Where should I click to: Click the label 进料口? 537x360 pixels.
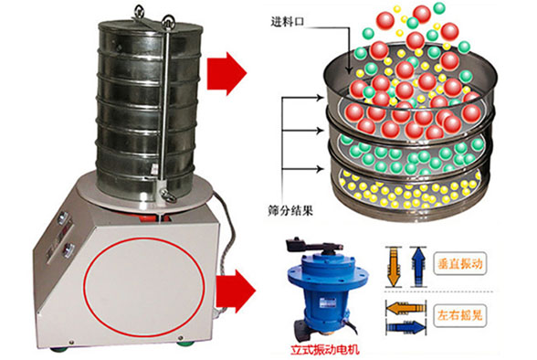(288, 22)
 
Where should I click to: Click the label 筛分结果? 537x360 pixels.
(290, 210)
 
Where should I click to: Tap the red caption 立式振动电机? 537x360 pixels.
(325, 350)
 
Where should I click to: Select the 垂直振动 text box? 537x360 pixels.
(460, 264)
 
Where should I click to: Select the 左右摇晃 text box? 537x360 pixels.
(460, 315)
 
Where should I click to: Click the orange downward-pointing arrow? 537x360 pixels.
(393, 267)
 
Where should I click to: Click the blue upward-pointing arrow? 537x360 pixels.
(418, 267)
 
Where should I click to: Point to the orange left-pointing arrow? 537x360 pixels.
(405, 308)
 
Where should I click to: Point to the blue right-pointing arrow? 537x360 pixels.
(405, 328)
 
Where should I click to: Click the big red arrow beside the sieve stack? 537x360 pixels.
(226, 73)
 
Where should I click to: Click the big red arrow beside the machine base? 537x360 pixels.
(236, 291)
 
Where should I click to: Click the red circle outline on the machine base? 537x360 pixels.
(86, 287)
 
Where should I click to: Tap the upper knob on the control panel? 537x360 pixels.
(63, 217)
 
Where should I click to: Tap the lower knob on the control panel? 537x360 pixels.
(69, 249)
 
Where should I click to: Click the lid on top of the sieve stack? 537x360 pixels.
(151, 26)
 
